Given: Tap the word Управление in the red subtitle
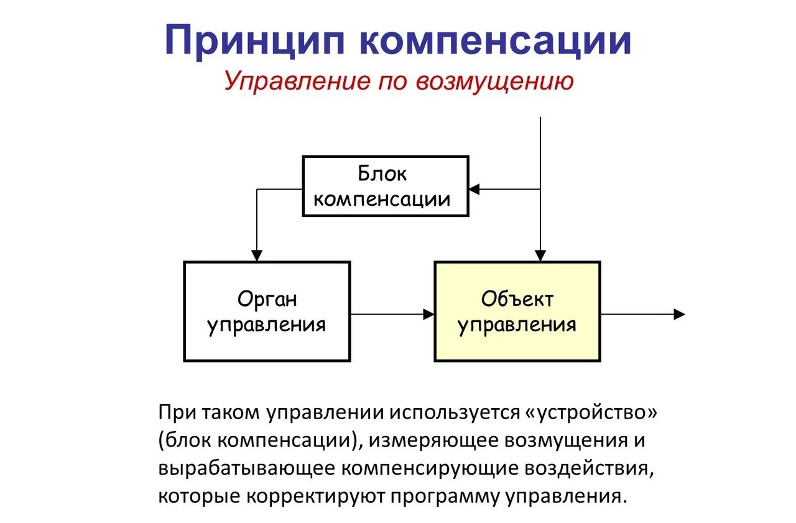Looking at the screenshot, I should tap(293, 81).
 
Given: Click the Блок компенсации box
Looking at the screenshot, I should tap(386, 186).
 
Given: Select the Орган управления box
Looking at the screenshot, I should tap(267, 311).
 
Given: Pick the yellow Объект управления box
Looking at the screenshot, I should tap(517, 311).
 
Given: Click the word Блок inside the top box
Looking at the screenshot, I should tap(382, 174).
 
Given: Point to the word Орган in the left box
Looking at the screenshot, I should tap(267, 299).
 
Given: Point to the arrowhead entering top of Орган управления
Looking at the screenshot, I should tap(256, 256).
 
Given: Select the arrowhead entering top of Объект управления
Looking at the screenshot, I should tap(540, 256).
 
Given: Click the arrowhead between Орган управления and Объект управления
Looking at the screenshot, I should tap(428, 314).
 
